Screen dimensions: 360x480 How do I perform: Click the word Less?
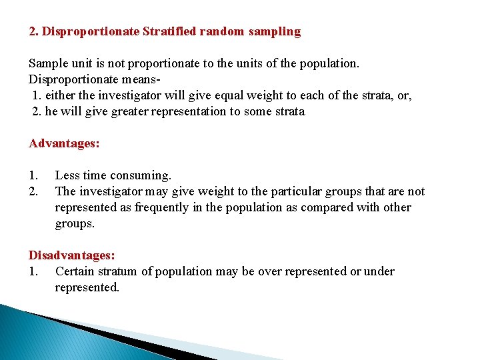pos(67,175)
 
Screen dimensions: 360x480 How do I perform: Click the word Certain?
pos(75,271)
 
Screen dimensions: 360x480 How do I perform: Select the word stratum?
pos(119,271)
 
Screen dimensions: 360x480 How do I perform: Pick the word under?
pos(379,271)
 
